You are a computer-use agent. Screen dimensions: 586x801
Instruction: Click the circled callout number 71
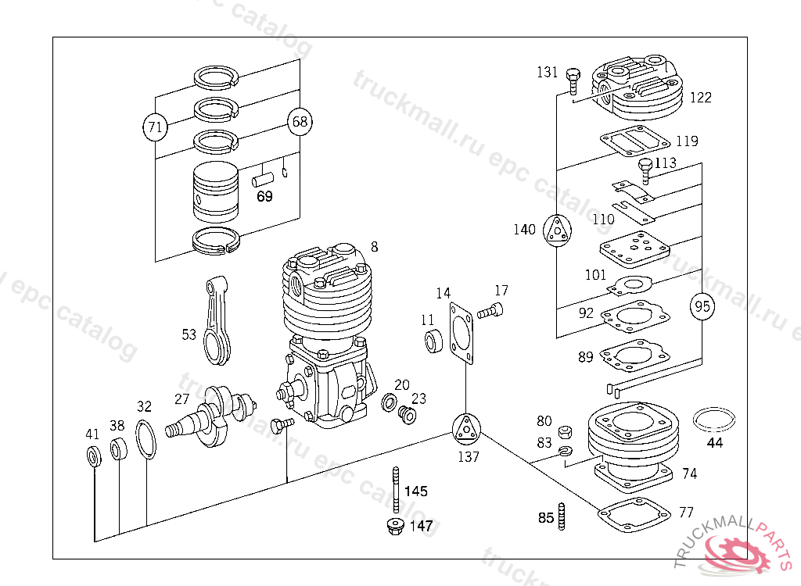pyautogui.click(x=155, y=126)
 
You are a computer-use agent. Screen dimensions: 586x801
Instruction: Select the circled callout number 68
pyautogui.click(x=300, y=121)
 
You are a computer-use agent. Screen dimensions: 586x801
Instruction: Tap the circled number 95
pyautogui.click(x=702, y=307)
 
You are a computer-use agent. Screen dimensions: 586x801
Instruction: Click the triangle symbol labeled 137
pyautogui.click(x=466, y=428)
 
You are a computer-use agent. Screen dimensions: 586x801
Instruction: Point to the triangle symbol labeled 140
pyautogui.click(x=557, y=230)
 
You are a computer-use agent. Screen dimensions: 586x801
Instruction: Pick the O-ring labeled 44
pyautogui.click(x=714, y=419)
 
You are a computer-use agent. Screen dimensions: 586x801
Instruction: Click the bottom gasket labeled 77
pyautogui.click(x=633, y=513)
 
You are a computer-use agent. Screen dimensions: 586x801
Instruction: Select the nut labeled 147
pyautogui.click(x=395, y=526)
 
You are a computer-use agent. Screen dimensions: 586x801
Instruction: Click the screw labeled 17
pyautogui.click(x=491, y=311)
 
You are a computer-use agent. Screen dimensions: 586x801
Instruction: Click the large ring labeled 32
pyautogui.click(x=146, y=440)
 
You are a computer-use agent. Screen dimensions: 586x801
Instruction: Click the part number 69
pyautogui.click(x=264, y=196)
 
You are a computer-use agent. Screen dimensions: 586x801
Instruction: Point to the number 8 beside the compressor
pyautogui.click(x=374, y=248)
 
